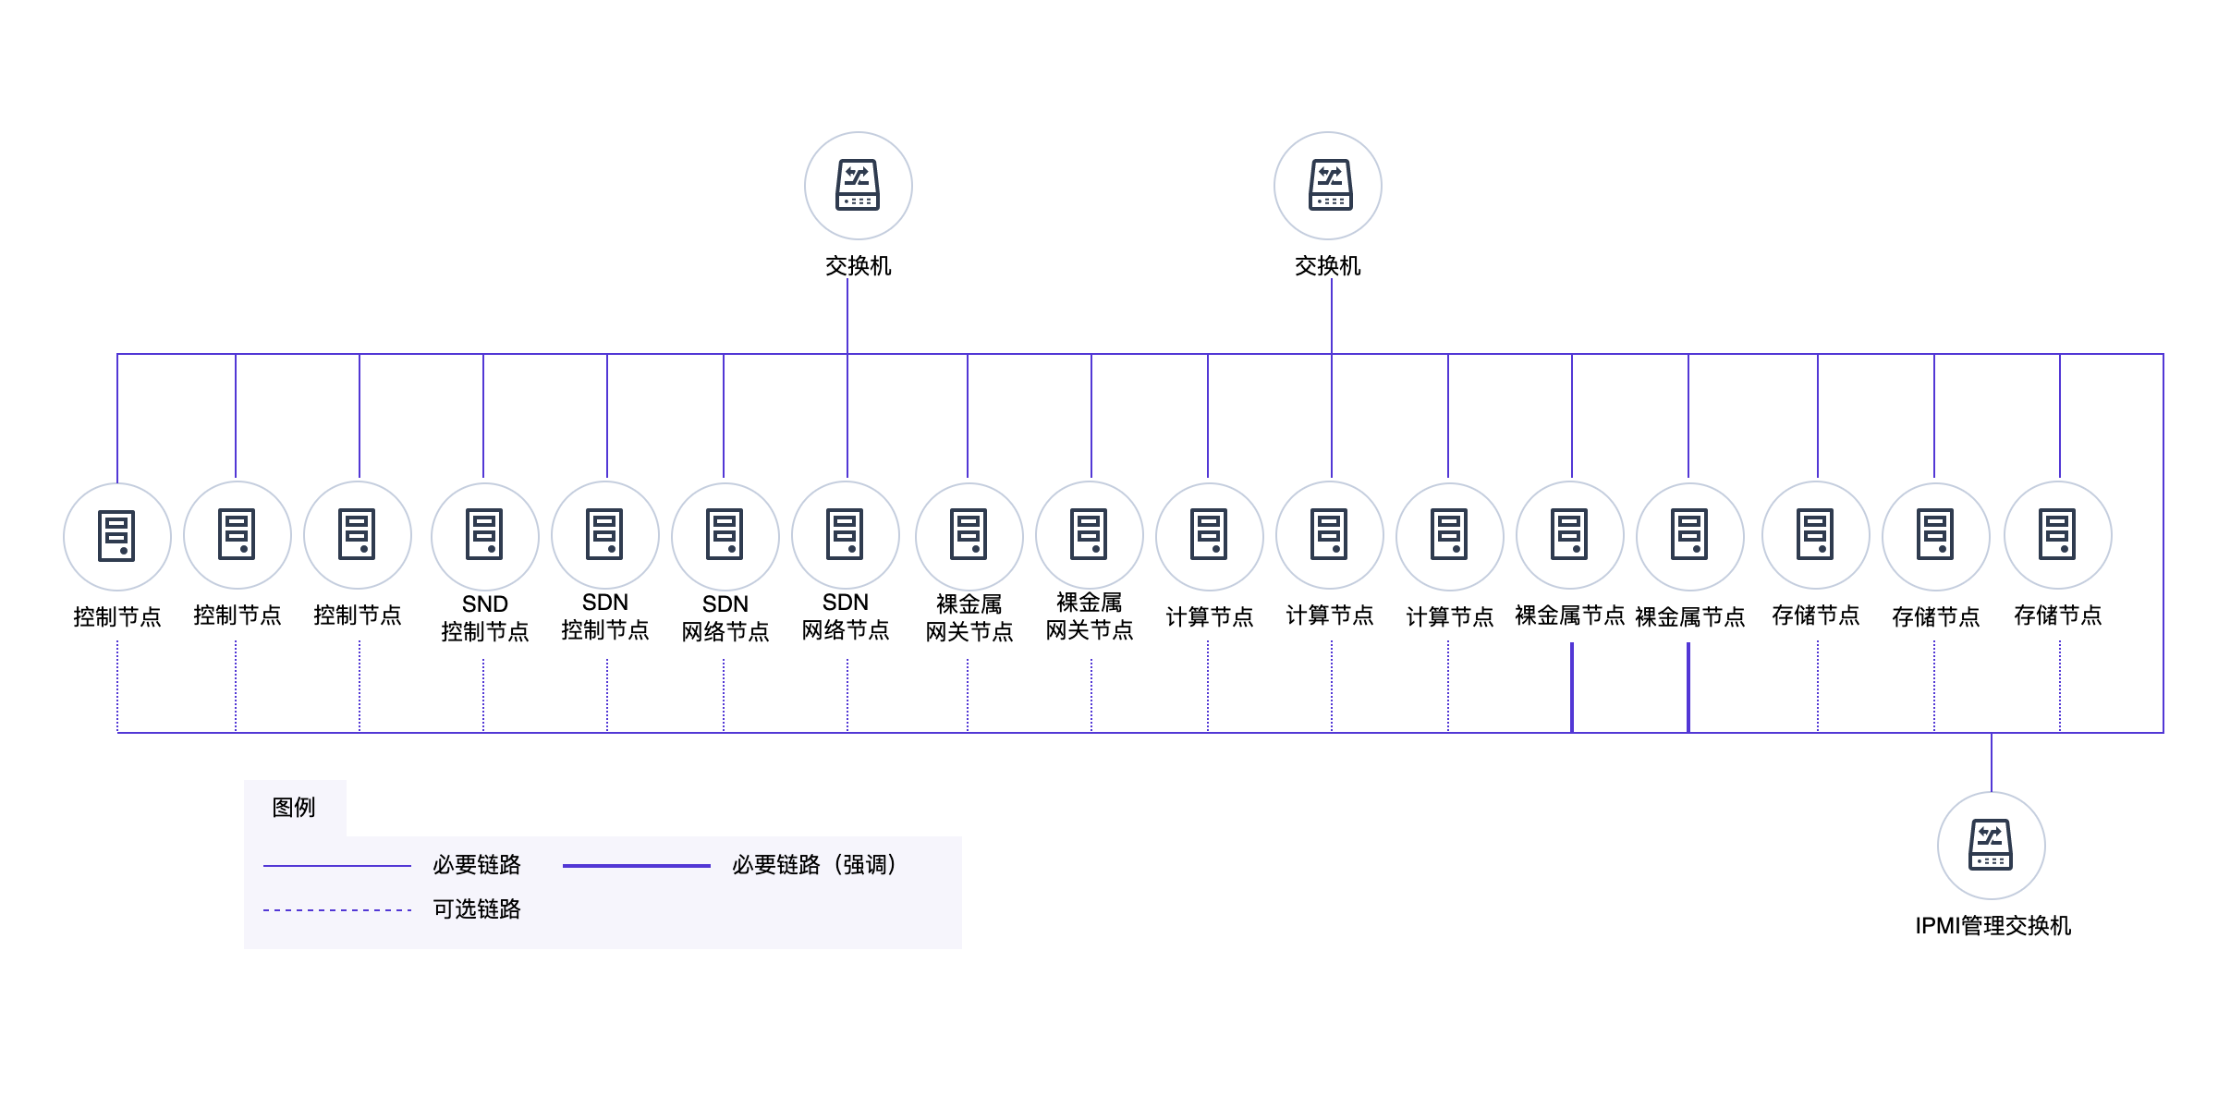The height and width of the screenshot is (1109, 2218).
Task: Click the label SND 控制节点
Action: coord(485,618)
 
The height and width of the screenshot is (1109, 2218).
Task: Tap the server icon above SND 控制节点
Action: coord(485,536)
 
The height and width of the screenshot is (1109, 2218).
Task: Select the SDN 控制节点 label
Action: coord(605,616)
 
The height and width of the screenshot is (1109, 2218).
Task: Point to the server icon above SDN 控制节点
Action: coord(605,534)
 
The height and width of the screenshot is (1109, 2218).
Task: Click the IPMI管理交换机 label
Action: coord(1993,925)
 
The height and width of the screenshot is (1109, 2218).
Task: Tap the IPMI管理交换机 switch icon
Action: coord(1992,845)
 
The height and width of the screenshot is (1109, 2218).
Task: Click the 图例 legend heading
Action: coord(294,808)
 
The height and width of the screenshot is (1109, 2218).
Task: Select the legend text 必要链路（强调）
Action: coord(814,865)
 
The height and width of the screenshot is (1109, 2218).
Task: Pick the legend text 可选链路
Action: coord(477,909)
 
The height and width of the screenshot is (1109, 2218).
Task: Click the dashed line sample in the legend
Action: coord(337,910)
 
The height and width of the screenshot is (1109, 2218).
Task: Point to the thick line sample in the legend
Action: coord(636,866)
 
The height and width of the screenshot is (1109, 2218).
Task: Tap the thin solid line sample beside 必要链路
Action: coord(337,866)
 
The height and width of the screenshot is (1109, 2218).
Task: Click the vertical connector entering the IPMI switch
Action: coord(1992,762)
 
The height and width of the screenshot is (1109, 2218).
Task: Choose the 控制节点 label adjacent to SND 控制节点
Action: coord(358,615)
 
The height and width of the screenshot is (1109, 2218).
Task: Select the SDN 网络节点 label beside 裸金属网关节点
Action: coord(846,616)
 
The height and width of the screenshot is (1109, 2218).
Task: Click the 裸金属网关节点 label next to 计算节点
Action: coord(1090,616)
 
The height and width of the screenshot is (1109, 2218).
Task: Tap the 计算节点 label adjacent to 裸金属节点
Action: coord(1450,617)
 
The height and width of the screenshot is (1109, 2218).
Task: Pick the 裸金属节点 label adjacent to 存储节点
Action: coord(1690,617)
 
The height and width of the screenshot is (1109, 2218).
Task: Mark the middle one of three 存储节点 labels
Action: coord(1936,617)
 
